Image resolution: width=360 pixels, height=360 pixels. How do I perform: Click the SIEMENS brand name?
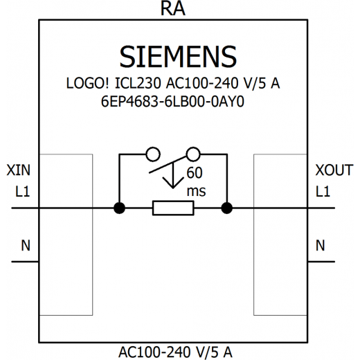pos(178,57)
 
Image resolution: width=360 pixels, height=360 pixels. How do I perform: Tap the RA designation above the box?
pos(173,8)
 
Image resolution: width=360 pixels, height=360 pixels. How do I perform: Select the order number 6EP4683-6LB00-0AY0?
pos(172,101)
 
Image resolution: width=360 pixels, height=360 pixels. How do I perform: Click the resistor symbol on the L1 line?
pos(173,208)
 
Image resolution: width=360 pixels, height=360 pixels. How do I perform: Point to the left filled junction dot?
pos(120,208)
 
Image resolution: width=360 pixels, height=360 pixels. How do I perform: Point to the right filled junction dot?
pos(227,208)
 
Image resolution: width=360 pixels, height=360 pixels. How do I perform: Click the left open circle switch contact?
pos(153,154)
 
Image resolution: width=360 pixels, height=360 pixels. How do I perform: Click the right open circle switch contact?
pos(193,154)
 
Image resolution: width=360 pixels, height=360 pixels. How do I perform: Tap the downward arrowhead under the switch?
pos(173,183)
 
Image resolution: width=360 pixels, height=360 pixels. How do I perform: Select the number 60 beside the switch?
pos(195,172)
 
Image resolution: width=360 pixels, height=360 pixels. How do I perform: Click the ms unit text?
pos(196,192)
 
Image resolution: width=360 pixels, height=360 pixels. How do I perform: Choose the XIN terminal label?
pos(19,170)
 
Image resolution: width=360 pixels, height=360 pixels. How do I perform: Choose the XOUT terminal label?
pos(334,170)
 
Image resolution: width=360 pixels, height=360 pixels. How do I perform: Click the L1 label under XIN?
pos(23,191)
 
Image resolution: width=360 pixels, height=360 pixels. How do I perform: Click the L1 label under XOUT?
pos(323,191)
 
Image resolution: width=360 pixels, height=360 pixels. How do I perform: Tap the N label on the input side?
pos(26,245)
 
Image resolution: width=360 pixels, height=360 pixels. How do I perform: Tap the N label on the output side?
pos(320,245)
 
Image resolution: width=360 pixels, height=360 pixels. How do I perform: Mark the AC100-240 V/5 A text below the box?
pos(175,352)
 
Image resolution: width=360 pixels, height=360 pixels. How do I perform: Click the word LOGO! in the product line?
pos(87,83)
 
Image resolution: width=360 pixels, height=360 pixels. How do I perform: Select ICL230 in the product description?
pos(138,83)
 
